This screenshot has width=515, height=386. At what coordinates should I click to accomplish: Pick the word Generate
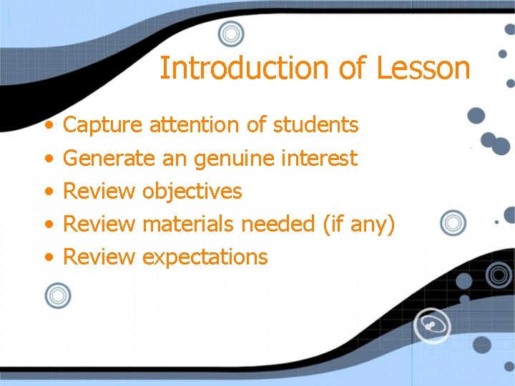[109, 158]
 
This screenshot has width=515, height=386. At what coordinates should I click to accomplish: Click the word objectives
[192, 192]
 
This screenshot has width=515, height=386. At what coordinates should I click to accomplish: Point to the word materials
[188, 224]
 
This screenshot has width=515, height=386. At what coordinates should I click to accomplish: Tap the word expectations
[205, 257]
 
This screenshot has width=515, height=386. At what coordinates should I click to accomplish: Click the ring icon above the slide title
[231, 34]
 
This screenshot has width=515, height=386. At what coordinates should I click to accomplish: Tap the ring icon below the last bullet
[58, 295]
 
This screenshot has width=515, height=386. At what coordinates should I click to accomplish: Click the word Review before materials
[99, 224]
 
